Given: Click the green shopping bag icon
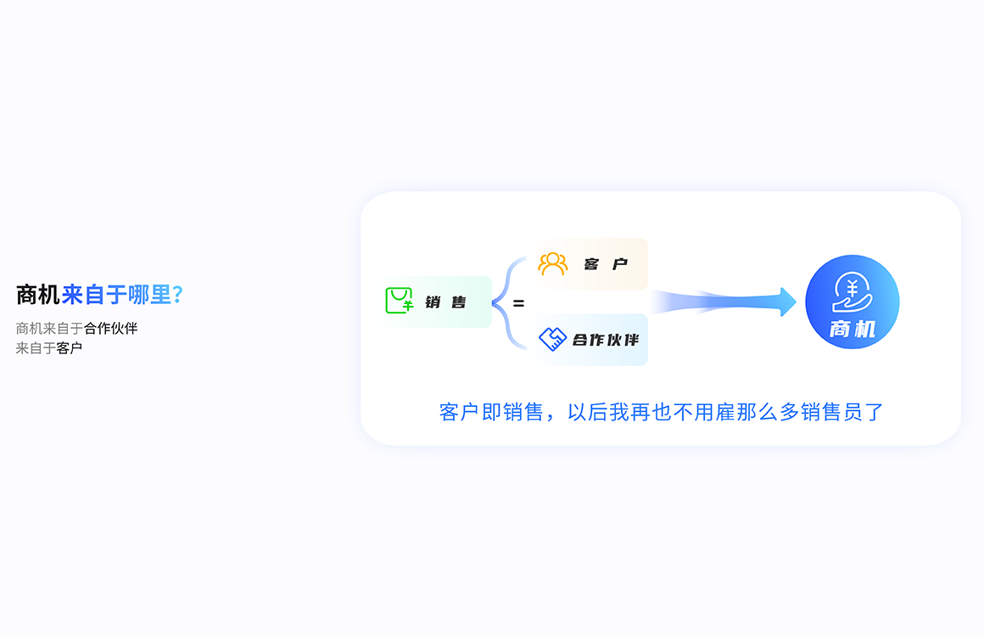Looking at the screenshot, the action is pos(400,301).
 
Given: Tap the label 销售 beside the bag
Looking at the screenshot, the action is pos(445,302).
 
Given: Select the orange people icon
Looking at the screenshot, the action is pos(552,264).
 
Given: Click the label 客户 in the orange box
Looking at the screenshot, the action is pos(606,264).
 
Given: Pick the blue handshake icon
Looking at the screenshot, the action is pos(553,339).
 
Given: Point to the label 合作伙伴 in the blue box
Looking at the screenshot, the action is pos(606,340).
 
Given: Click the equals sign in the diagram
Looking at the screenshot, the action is pos(518,303).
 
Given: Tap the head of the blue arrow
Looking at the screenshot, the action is pos(788,302).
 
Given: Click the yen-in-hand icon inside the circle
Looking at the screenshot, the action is pos(852,292).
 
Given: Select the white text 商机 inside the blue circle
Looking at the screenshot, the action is pos(853,329).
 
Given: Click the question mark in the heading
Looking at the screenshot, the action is pos(177,295).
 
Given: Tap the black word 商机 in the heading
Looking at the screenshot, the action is pos(37,295).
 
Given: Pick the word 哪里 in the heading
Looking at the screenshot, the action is pos(150,295).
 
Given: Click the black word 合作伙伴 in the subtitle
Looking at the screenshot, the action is pos(110,328).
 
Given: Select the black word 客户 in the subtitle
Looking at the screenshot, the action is pos(70,348).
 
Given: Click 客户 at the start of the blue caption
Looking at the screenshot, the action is pos(460,412).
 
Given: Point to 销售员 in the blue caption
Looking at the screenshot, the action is pos(832,412).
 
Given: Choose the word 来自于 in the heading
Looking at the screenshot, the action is pos(94,295).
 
